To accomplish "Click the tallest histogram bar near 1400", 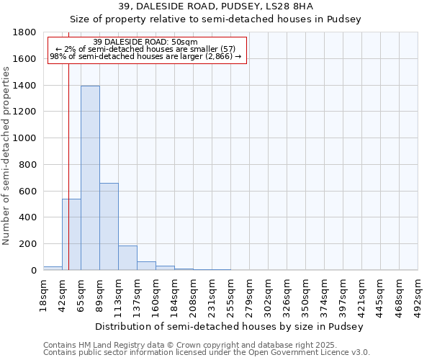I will tap(90, 178).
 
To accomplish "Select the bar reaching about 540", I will tap(71, 234).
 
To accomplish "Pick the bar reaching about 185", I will tap(127, 258).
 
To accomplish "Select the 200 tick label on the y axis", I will tap(28, 244).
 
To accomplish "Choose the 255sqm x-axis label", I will tap(230, 293).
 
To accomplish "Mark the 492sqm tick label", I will tap(418, 293).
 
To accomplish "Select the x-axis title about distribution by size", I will tap(229, 326).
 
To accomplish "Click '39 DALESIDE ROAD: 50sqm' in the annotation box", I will tap(145, 42).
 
